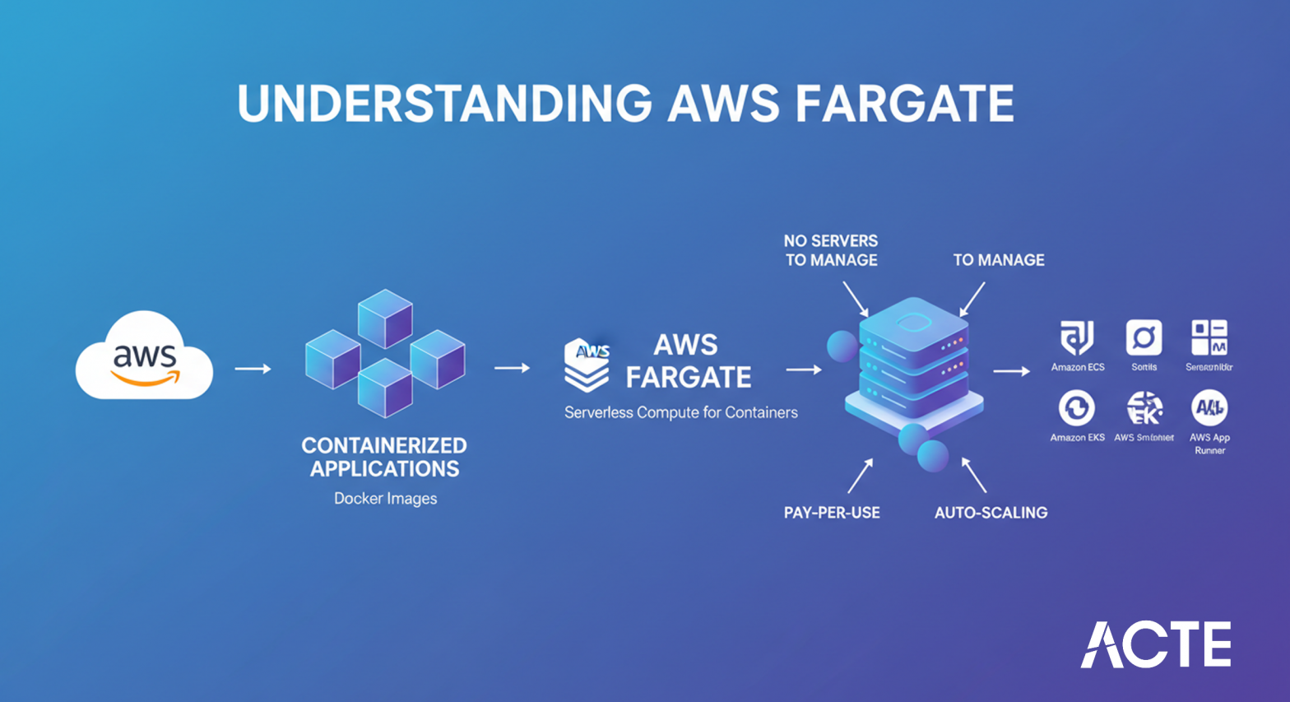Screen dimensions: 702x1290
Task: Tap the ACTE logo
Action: tap(1155, 644)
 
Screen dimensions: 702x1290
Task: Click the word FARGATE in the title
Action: tap(904, 104)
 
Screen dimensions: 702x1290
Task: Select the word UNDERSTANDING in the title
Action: tap(444, 104)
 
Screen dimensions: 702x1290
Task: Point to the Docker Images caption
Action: tap(385, 499)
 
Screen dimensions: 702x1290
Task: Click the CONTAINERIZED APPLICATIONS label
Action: tap(384, 457)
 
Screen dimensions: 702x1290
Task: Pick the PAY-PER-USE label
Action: tap(832, 513)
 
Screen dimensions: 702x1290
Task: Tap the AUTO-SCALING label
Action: tap(991, 513)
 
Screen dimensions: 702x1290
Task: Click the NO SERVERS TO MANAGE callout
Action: tap(830, 250)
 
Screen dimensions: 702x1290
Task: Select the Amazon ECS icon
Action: tap(1077, 338)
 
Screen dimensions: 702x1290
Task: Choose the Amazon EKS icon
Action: tap(1077, 408)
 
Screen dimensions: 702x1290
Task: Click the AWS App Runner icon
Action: tap(1209, 407)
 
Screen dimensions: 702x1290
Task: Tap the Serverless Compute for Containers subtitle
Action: tap(680, 412)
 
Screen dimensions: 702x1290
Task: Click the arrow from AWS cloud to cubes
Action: tap(253, 369)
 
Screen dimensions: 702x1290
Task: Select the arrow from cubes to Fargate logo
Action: tap(512, 368)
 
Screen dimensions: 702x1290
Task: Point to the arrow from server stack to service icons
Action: tap(1011, 372)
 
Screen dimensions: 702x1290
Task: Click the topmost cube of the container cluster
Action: tap(385, 318)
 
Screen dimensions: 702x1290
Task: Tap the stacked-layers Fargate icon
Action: tap(587, 364)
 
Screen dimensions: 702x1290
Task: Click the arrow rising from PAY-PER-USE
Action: tap(860, 476)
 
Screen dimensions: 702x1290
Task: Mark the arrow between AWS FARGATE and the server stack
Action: tap(803, 370)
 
